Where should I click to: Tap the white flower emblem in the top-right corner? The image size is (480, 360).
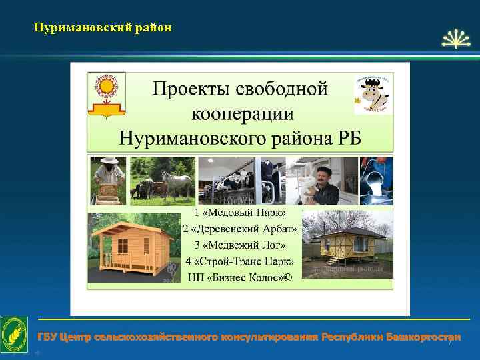click(457, 39)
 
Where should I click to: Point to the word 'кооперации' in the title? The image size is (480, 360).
click(242, 113)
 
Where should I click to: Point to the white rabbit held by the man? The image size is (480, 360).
click(309, 189)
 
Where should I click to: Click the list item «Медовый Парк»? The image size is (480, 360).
click(241, 213)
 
